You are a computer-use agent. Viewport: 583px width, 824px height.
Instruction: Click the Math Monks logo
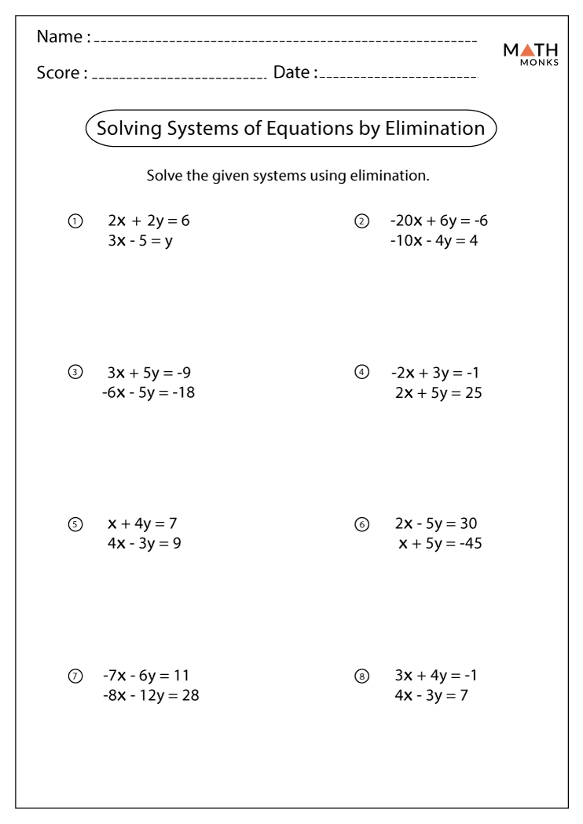click(531, 54)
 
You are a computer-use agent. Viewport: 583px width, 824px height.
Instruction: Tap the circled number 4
click(361, 373)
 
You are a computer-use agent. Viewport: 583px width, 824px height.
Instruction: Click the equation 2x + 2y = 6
click(148, 221)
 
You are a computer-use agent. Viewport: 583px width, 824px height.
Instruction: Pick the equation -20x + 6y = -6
click(438, 221)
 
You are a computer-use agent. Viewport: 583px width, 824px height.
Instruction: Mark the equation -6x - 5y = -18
click(148, 392)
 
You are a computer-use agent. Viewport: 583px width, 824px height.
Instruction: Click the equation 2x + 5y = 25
click(438, 392)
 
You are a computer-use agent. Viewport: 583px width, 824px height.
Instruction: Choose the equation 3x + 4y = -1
click(437, 675)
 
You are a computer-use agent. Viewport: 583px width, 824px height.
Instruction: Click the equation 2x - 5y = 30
click(436, 523)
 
